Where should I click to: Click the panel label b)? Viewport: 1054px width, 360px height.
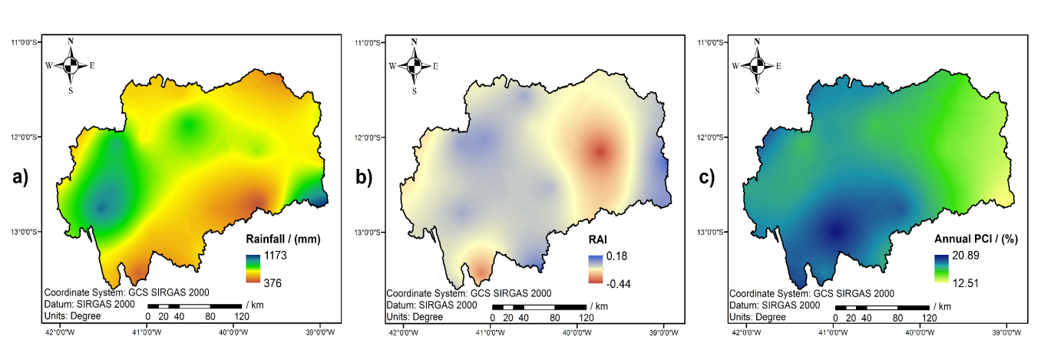pos(364,178)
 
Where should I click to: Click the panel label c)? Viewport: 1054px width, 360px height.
pos(706,178)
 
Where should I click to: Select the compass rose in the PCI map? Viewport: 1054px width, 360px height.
pos(758,65)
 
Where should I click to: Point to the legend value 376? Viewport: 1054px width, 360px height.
pos(273,283)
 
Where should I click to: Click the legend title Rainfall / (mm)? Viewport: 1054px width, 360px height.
pos(282,239)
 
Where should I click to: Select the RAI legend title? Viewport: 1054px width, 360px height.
pos(603,239)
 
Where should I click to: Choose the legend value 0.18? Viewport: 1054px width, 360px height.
pos(617,255)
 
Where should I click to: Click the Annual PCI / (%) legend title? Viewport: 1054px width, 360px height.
pos(973,239)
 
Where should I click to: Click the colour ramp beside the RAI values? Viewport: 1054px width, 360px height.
pos(596,269)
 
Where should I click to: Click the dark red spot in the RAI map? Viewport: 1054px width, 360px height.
pos(600,152)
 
